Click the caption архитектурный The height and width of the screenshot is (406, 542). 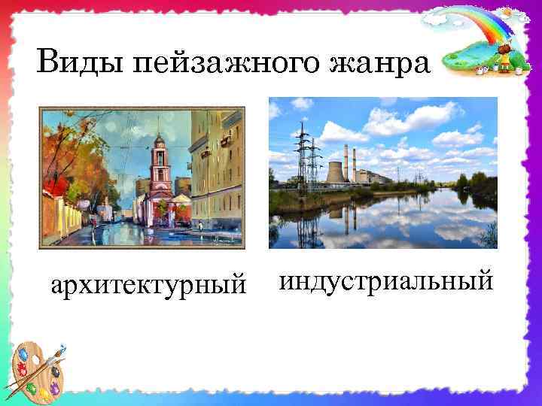148,286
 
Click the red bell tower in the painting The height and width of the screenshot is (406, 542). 160,169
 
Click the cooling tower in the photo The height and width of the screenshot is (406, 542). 334,173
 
